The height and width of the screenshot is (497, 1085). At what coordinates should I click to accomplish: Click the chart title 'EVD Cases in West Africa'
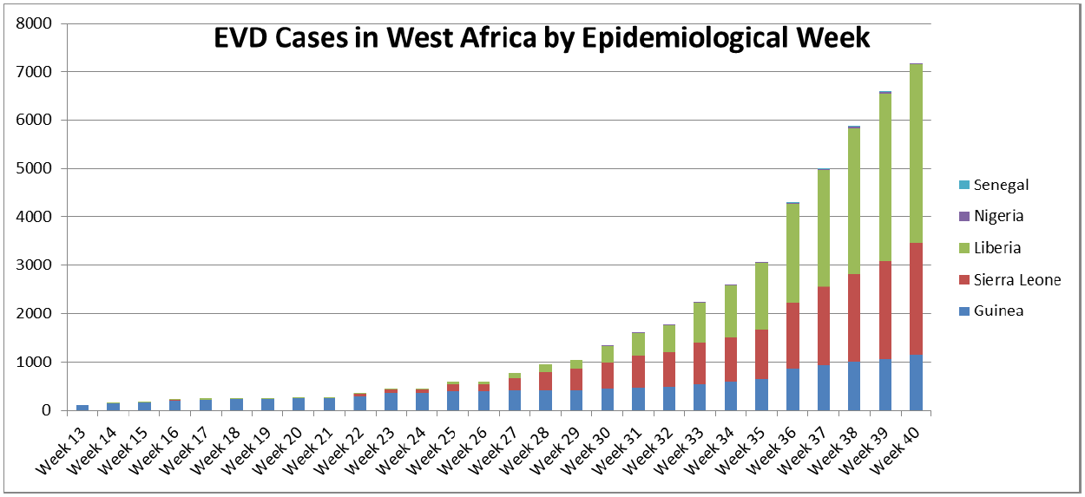click(x=542, y=38)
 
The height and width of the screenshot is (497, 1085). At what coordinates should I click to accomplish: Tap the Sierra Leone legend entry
click(x=1016, y=279)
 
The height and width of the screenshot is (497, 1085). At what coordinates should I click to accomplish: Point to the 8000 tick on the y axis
click(x=33, y=23)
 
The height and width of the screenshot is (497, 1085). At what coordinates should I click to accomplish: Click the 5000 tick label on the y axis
click(x=33, y=168)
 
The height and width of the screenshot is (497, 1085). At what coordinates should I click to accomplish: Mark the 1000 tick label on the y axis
click(x=33, y=362)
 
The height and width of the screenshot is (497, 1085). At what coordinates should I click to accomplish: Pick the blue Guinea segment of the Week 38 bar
click(x=854, y=386)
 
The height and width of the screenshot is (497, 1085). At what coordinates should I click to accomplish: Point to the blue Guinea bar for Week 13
click(x=82, y=407)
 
